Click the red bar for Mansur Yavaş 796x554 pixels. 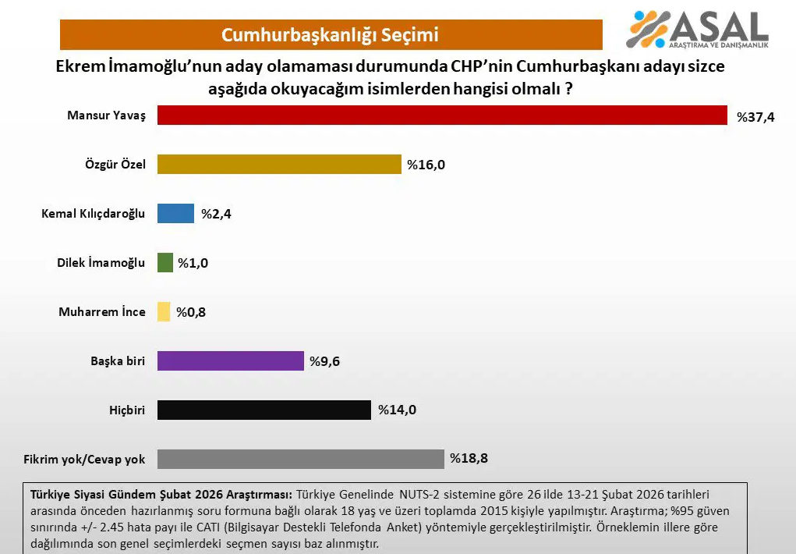pos(442,115)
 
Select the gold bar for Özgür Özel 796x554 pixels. pos(278,164)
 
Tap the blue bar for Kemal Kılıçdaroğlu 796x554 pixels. pos(175,213)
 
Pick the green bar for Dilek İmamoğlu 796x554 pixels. pos(165,262)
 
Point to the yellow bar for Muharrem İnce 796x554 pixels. pos(164,311)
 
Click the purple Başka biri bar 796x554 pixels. pos(230,360)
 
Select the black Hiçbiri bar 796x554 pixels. pos(264,410)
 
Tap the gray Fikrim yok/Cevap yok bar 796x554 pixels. pos(300,459)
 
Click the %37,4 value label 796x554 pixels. pos(755,117)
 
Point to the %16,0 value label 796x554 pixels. pos(426,165)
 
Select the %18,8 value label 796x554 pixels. pos(469,459)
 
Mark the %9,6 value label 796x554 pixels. pos(324,361)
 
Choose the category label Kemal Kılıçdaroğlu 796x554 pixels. pos(94,214)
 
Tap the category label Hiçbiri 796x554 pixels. pos(127,410)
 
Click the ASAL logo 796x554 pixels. pos(698,30)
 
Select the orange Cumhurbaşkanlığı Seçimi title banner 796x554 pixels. pos(331,35)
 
